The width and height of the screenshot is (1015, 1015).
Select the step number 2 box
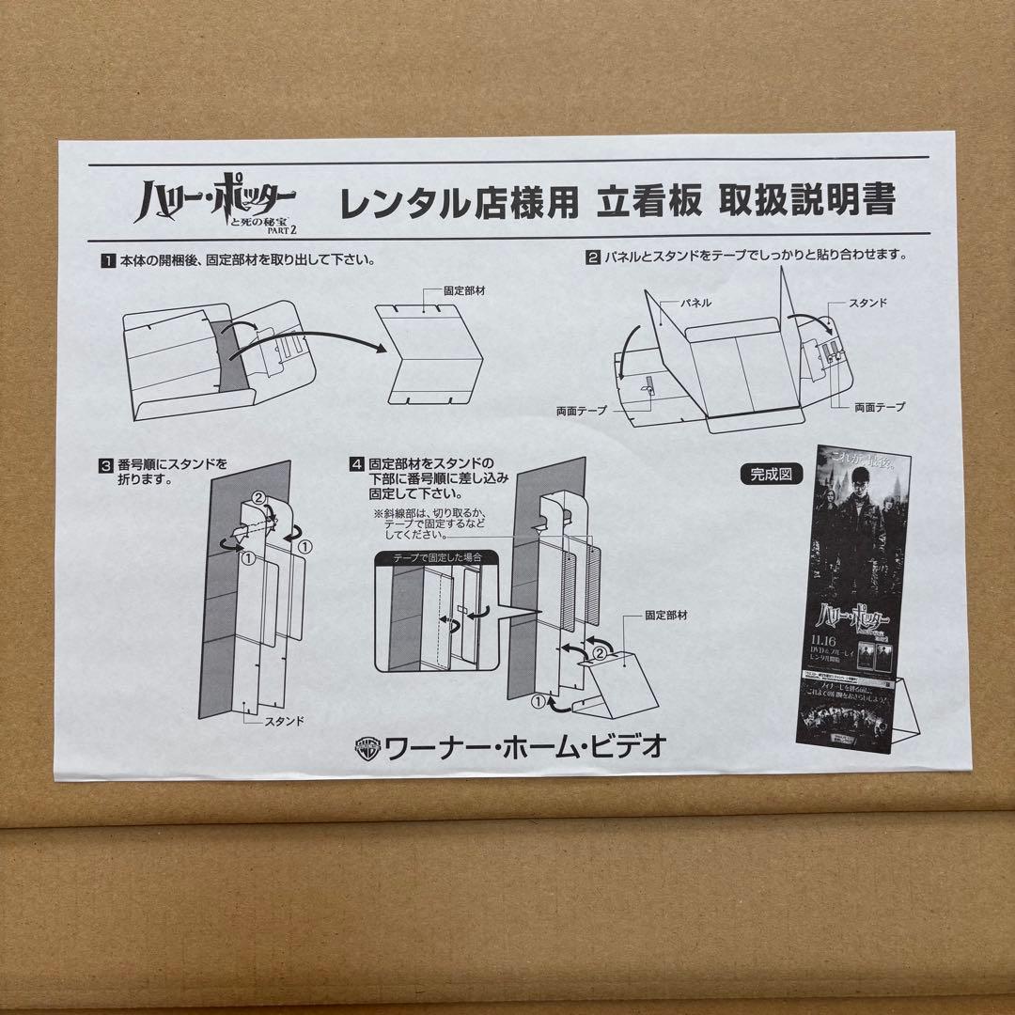(593, 256)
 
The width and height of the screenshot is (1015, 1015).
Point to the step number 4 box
(356, 463)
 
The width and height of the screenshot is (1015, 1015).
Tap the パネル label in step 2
(697, 304)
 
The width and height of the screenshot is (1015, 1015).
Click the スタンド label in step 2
(868, 304)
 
